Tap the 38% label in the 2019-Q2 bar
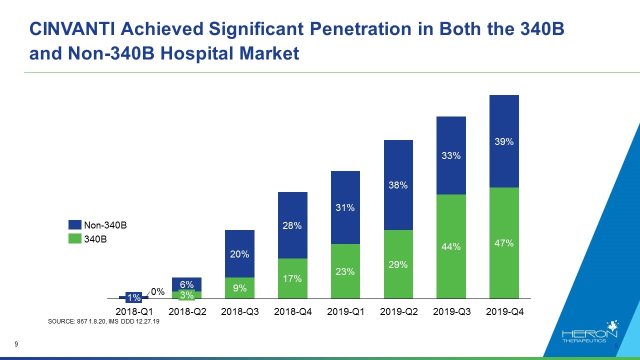(x=398, y=185)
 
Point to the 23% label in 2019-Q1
(x=345, y=271)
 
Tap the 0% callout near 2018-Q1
(x=158, y=291)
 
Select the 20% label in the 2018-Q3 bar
(x=239, y=254)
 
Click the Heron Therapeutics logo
(x=590, y=332)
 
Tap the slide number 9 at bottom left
(x=16, y=344)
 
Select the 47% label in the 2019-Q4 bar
(x=504, y=243)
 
